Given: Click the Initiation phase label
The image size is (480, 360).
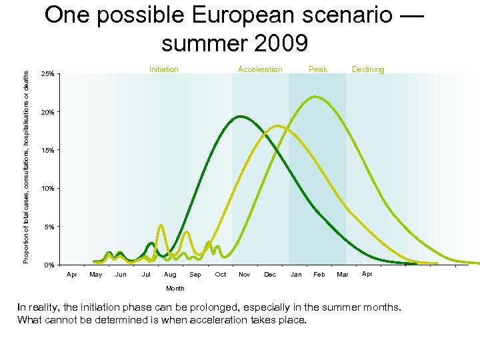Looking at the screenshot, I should (x=163, y=69).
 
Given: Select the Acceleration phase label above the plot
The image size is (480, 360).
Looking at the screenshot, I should (x=260, y=69).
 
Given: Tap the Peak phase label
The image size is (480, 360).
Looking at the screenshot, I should (x=318, y=69).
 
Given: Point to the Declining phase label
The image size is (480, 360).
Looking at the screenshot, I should (x=368, y=69).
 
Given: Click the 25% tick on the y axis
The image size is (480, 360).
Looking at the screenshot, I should (x=48, y=74).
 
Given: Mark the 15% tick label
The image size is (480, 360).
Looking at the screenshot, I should (x=48, y=151).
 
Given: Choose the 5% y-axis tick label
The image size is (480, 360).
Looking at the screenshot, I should (x=49, y=227).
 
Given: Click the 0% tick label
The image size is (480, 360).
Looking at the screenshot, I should (x=49, y=266).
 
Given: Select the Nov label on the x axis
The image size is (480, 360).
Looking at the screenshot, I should (x=245, y=275).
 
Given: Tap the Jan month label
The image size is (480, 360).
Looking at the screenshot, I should (x=296, y=275).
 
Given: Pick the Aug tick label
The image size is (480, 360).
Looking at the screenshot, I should (x=170, y=275).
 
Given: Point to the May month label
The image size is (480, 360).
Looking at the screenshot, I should (x=96, y=275).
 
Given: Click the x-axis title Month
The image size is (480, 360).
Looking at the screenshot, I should (x=175, y=289).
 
